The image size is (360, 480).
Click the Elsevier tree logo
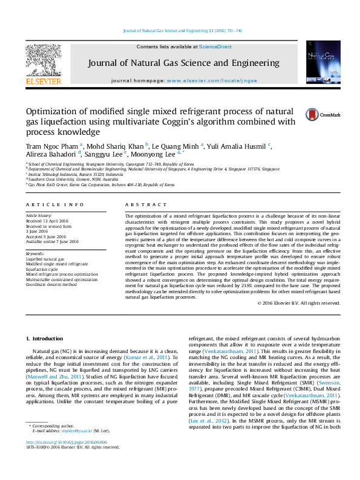click(43, 61)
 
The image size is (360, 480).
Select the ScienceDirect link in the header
click(215, 47)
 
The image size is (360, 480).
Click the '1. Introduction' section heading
click(45, 337)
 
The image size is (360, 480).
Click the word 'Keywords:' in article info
click(35, 254)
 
